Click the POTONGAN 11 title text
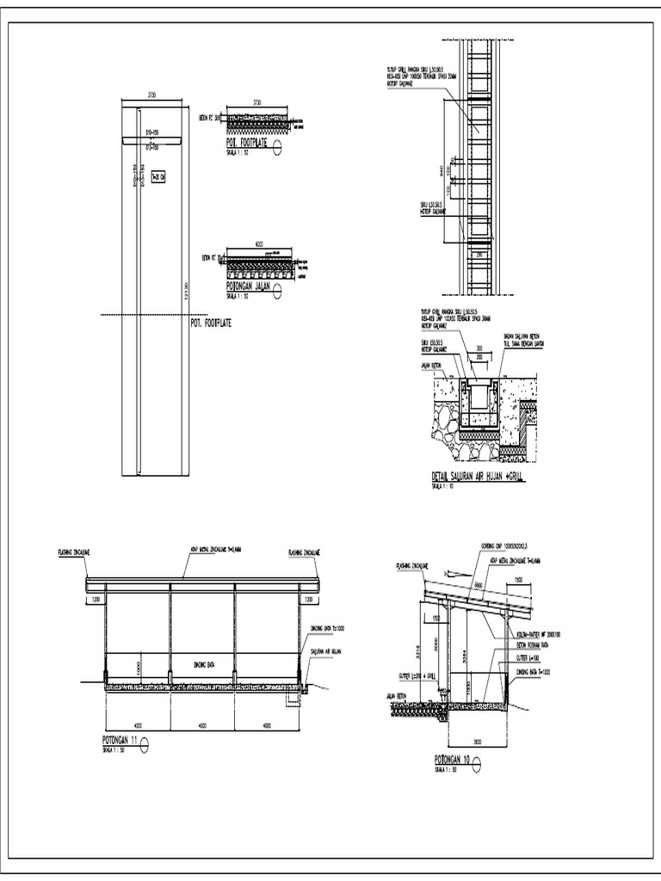(x=119, y=741)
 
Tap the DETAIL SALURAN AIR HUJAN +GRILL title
(x=476, y=476)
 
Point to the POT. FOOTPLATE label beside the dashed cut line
(x=210, y=323)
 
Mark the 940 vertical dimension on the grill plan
(x=442, y=169)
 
